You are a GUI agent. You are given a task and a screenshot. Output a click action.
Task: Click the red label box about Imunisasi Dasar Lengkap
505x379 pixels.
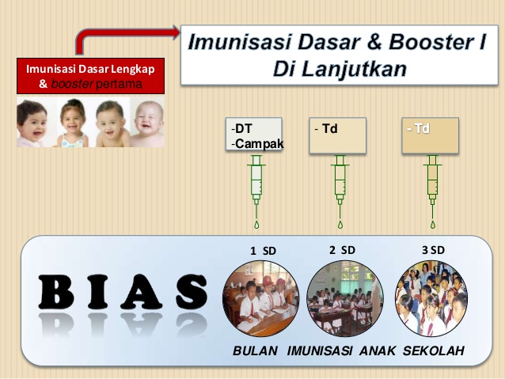coord(90,75)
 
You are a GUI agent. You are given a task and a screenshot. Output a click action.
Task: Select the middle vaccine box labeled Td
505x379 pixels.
coord(338,135)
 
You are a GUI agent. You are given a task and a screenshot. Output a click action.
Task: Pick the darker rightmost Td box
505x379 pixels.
coord(431,135)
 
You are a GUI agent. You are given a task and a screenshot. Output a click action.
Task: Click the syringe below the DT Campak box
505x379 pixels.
coord(256,182)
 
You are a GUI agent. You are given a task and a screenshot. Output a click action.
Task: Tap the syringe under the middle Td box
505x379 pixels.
coord(340,182)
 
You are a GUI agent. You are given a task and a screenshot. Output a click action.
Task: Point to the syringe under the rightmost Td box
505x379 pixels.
coord(432,182)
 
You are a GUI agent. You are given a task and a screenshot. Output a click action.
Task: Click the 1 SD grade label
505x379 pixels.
coord(264,251)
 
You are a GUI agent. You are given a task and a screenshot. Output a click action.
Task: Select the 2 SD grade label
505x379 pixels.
coord(343,250)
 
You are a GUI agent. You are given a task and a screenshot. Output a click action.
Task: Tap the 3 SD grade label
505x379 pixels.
coord(433,250)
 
